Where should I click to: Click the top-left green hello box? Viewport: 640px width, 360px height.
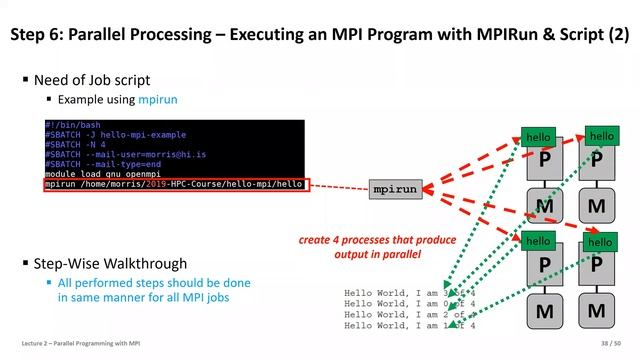click(x=538, y=137)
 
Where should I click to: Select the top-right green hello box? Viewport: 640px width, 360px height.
click(x=601, y=135)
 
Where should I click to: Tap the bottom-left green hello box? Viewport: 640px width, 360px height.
click(x=538, y=241)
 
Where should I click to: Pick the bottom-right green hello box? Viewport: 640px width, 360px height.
click(x=600, y=242)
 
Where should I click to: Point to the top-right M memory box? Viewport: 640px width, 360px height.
click(x=597, y=208)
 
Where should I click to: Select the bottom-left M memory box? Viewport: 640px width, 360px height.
click(x=545, y=312)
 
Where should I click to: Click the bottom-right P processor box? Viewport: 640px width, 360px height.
click(x=597, y=267)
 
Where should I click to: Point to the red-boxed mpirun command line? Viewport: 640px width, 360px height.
click(x=174, y=185)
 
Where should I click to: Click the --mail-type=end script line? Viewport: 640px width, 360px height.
click(x=101, y=164)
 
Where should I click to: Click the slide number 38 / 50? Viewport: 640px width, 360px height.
click(x=602, y=343)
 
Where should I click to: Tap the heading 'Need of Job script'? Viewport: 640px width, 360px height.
click(x=93, y=80)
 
